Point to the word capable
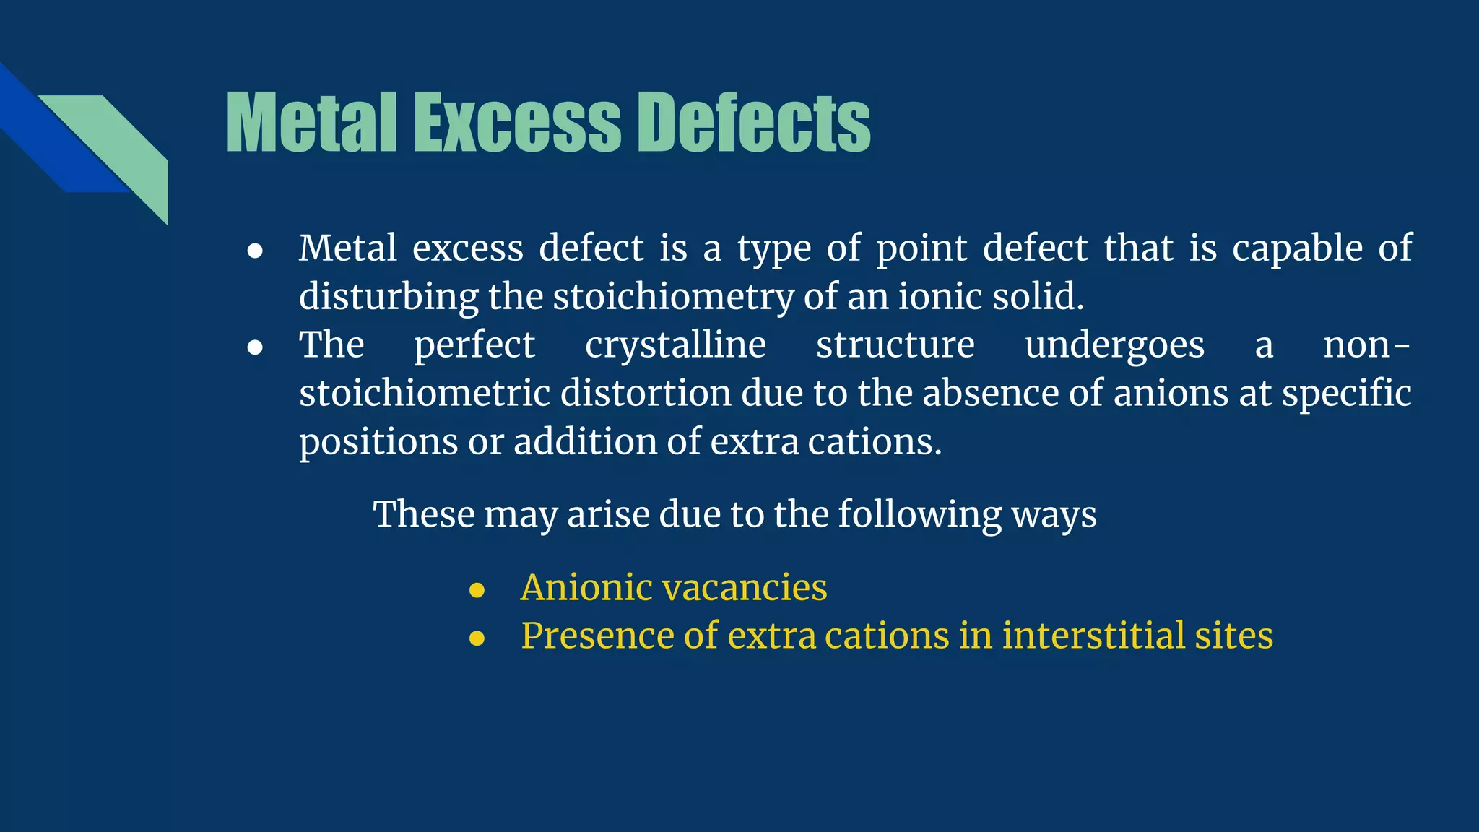click(1297, 248)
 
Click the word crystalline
click(675, 344)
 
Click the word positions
click(378, 442)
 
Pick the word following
click(919, 515)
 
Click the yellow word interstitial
click(1093, 636)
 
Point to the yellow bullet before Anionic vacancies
click(477, 590)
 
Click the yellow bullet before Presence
click(477, 638)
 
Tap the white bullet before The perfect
click(255, 347)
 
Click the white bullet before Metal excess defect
click(255, 251)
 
